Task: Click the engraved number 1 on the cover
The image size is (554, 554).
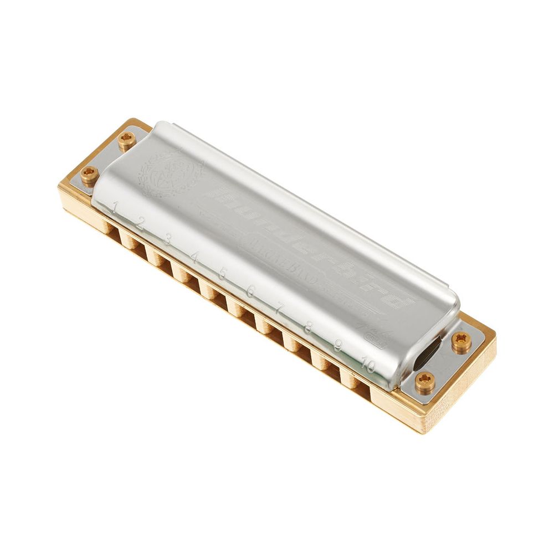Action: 115,208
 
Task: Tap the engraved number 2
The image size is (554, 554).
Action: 140,223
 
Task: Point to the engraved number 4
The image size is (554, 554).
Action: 194,257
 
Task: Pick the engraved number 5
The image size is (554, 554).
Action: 222,274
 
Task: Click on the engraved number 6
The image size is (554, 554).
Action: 250,292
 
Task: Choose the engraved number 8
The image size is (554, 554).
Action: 308,327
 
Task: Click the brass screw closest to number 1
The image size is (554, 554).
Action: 89,175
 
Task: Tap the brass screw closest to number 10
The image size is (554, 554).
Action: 425,382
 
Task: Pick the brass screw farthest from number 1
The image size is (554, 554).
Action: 461,342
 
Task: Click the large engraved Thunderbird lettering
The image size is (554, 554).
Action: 310,244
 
